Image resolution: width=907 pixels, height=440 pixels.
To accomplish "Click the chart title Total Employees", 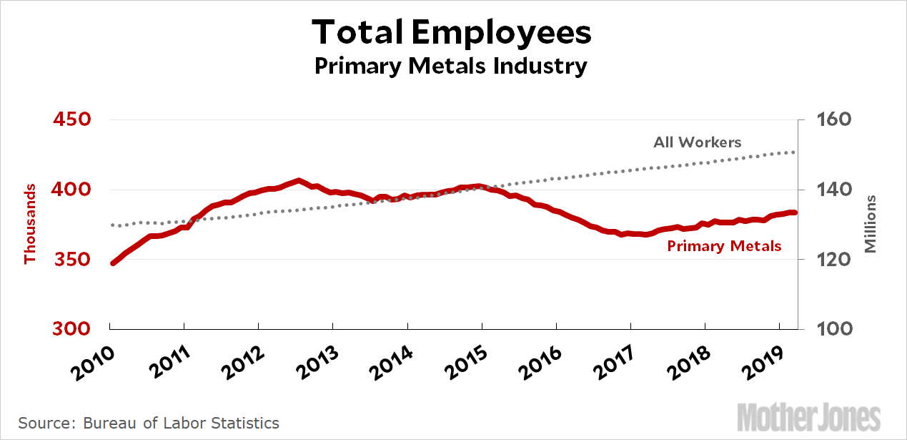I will point(452,32).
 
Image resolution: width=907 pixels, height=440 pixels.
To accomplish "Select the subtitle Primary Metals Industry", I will point(452,67).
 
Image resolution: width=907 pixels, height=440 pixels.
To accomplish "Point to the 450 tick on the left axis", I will point(72,119).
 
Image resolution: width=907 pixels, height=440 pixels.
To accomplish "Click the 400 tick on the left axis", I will point(72,190).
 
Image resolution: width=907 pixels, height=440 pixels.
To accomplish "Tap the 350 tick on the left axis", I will point(72,259).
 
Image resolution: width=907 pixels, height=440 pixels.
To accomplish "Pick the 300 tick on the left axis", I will point(72,328).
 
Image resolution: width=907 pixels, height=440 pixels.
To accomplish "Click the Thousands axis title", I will point(30,224).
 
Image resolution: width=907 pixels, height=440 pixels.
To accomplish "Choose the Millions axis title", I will point(870,224).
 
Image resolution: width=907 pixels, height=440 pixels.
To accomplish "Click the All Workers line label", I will point(697,142).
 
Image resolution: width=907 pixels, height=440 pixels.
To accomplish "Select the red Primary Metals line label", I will point(724,246).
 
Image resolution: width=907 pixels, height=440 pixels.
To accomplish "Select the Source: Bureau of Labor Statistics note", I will point(149,423).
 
